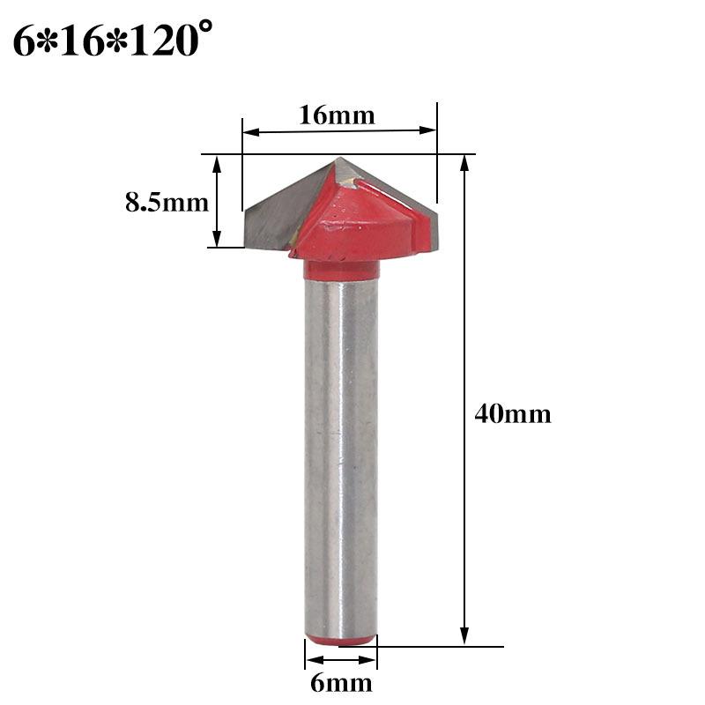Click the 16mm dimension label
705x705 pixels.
pos(338,115)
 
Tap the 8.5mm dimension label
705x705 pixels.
pos(167,203)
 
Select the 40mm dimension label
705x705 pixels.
pos(513,413)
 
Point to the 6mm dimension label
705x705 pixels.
pos(340,682)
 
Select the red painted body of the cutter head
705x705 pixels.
pos(352,220)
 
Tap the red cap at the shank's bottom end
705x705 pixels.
pos(341,638)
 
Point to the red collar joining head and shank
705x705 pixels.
pos(341,268)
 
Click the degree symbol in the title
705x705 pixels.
pos(208,29)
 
